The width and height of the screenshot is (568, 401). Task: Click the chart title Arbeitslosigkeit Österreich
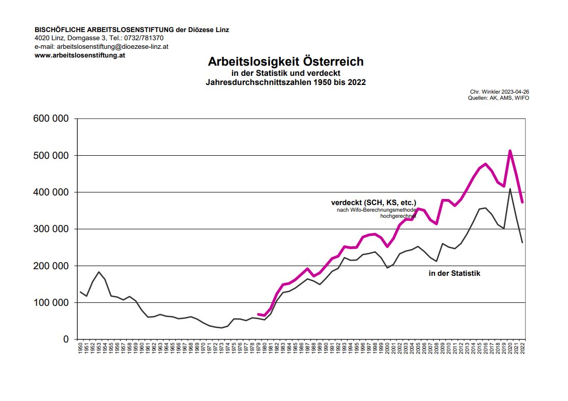click(x=286, y=62)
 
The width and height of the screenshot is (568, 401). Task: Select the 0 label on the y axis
click(x=65, y=339)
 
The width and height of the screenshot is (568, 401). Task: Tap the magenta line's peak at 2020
click(x=510, y=151)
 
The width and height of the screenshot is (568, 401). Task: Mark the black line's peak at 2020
click(x=510, y=189)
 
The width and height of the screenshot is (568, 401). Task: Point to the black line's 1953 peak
click(x=99, y=272)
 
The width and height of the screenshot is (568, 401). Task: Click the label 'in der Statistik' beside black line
click(x=455, y=273)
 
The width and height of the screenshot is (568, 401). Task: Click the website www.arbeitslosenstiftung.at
click(x=80, y=55)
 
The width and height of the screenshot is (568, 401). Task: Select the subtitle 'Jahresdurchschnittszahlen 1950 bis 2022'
click(x=286, y=82)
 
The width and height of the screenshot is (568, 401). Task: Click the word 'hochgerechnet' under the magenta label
click(x=398, y=216)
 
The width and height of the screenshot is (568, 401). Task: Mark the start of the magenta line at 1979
click(x=258, y=314)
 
